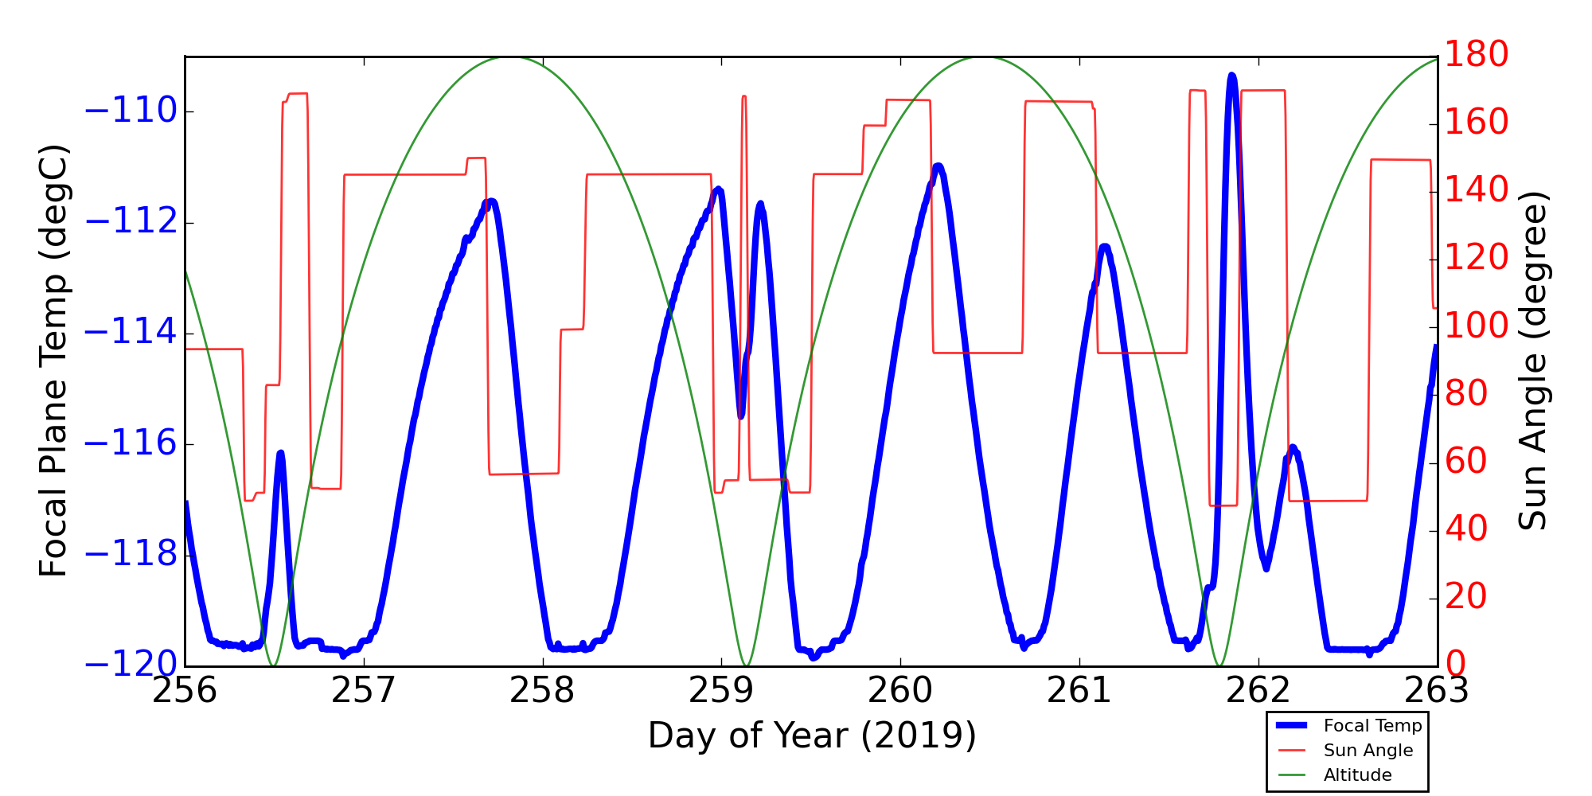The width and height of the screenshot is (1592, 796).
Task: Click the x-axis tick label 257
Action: (x=364, y=691)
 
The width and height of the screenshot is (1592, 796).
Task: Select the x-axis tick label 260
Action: (x=900, y=691)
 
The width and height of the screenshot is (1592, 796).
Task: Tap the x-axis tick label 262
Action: (x=1258, y=691)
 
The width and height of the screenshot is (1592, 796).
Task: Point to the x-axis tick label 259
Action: (x=721, y=691)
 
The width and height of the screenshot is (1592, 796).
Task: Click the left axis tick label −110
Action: (x=130, y=111)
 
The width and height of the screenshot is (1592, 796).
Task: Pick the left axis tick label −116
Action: (x=130, y=444)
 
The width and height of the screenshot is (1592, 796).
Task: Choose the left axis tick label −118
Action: (x=130, y=555)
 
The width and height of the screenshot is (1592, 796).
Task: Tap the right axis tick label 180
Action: (x=1477, y=55)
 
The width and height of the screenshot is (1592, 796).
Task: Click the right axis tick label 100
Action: (x=1477, y=326)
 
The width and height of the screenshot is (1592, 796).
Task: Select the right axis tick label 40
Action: (x=1466, y=529)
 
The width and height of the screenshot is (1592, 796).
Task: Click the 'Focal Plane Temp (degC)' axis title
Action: (x=53, y=361)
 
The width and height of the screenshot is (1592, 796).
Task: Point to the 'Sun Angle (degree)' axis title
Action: (x=1532, y=361)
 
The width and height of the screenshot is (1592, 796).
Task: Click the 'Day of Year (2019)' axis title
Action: (x=812, y=736)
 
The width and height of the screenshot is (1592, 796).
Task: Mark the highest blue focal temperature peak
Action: (x=1231, y=76)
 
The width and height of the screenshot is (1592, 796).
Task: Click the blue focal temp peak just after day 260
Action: (x=938, y=166)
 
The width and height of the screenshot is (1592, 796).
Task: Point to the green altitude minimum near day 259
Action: (x=746, y=665)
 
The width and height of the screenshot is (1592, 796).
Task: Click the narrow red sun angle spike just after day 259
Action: (x=743, y=96)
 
